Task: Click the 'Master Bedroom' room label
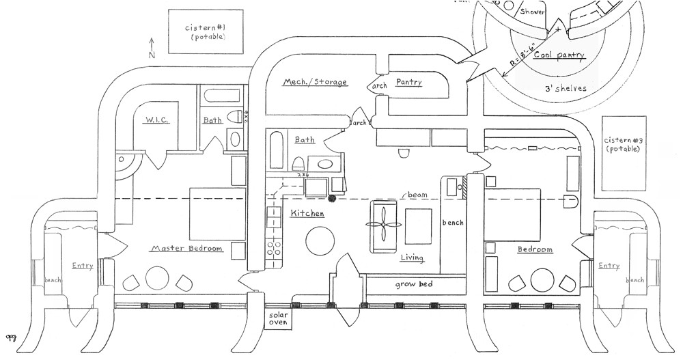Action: pyautogui.click(x=186, y=249)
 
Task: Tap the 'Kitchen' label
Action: pyautogui.click(x=307, y=214)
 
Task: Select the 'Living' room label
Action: pyautogui.click(x=412, y=258)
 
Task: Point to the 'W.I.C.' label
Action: pyautogui.click(x=156, y=120)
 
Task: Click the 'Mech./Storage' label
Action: pyautogui.click(x=316, y=83)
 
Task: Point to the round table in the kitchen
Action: pyautogui.click(x=319, y=240)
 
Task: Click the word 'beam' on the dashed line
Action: pyautogui.click(x=417, y=195)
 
